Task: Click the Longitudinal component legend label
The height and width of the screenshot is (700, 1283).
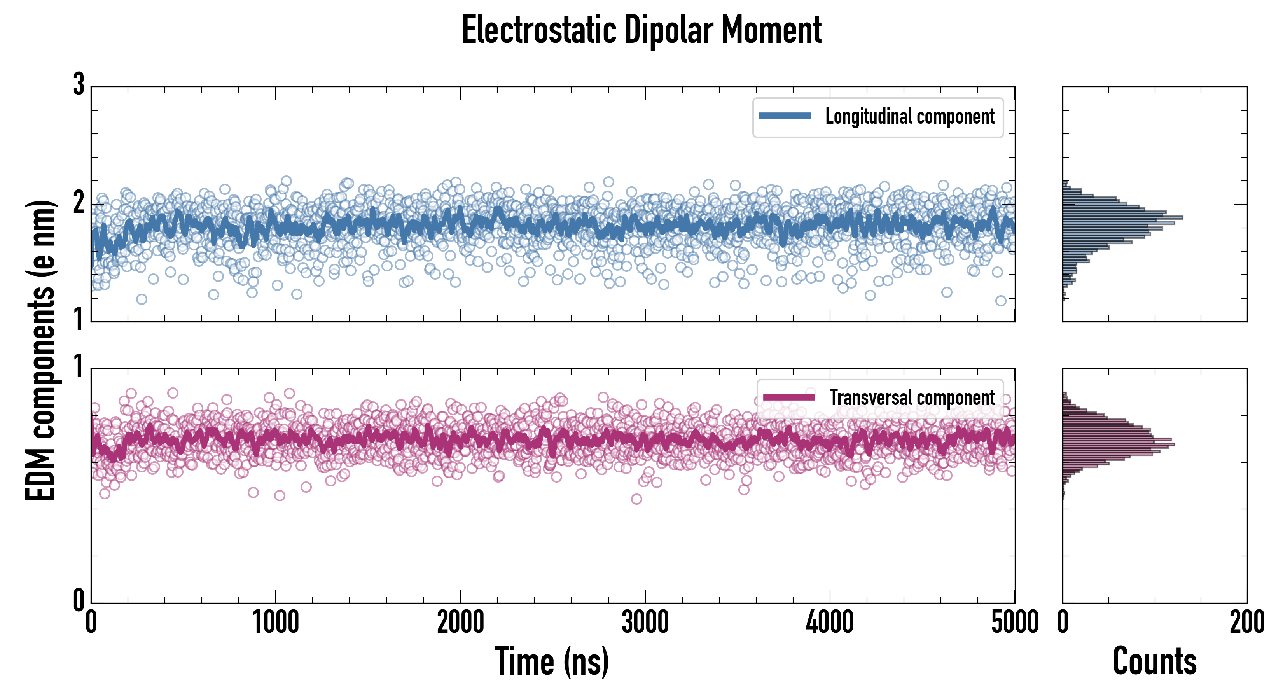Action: pyautogui.click(x=909, y=117)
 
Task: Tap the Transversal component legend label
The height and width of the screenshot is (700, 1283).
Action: pyautogui.click(x=911, y=397)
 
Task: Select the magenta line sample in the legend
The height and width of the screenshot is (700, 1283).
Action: pyautogui.click(x=789, y=397)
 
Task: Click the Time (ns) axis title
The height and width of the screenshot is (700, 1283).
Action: pyautogui.click(x=552, y=661)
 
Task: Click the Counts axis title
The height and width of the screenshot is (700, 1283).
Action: pyautogui.click(x=1154, y=661)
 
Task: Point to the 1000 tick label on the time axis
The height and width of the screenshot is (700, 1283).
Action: pyautogui.click(x=275, y=622)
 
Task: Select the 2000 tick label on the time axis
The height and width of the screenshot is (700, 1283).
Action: pyautogui.click(x=460, y=622)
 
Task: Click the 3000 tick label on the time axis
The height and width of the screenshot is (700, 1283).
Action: pyautogui.click(x=645, y=622)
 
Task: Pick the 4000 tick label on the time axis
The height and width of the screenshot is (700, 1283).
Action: pyautogui.click(x=830, y=622)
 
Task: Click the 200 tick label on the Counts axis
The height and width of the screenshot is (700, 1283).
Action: pyautogui.click(x=1246, y=622)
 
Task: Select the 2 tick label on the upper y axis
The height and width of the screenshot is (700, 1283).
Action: pyautogui.click(x=79, y=203)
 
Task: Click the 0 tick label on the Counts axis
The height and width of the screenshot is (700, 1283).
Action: pyautogui.click(x=1063, y=622)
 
